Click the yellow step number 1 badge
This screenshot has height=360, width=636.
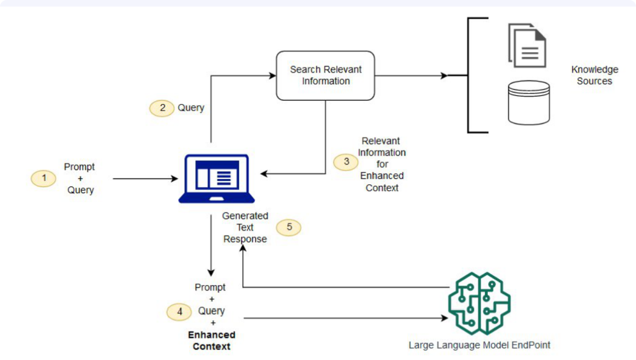[44, 178]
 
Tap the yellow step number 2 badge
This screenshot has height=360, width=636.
[162, 108]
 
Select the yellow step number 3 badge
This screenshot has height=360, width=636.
[346, 162]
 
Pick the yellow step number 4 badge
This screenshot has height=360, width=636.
[179, 312]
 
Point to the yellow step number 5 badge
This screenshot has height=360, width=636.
[288, 227]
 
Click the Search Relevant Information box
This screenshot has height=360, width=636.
[325, 76]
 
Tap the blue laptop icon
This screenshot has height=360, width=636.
[213, 178]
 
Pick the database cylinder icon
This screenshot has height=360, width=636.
[528, 102]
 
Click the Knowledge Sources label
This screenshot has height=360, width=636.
[594, 76]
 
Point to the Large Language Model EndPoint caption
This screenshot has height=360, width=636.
[479, 345]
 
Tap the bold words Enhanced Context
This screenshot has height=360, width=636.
[211, 340]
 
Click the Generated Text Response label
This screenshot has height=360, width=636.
[245, 228]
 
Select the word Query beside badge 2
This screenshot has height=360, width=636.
[191, 108]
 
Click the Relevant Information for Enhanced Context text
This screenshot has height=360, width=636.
[382, 164]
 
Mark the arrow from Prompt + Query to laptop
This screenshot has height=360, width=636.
[145, 178]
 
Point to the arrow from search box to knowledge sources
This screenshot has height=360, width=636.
[410, 76]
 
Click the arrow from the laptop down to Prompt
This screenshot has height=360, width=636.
[211, 246]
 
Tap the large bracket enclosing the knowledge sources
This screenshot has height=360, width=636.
[470, 76]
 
